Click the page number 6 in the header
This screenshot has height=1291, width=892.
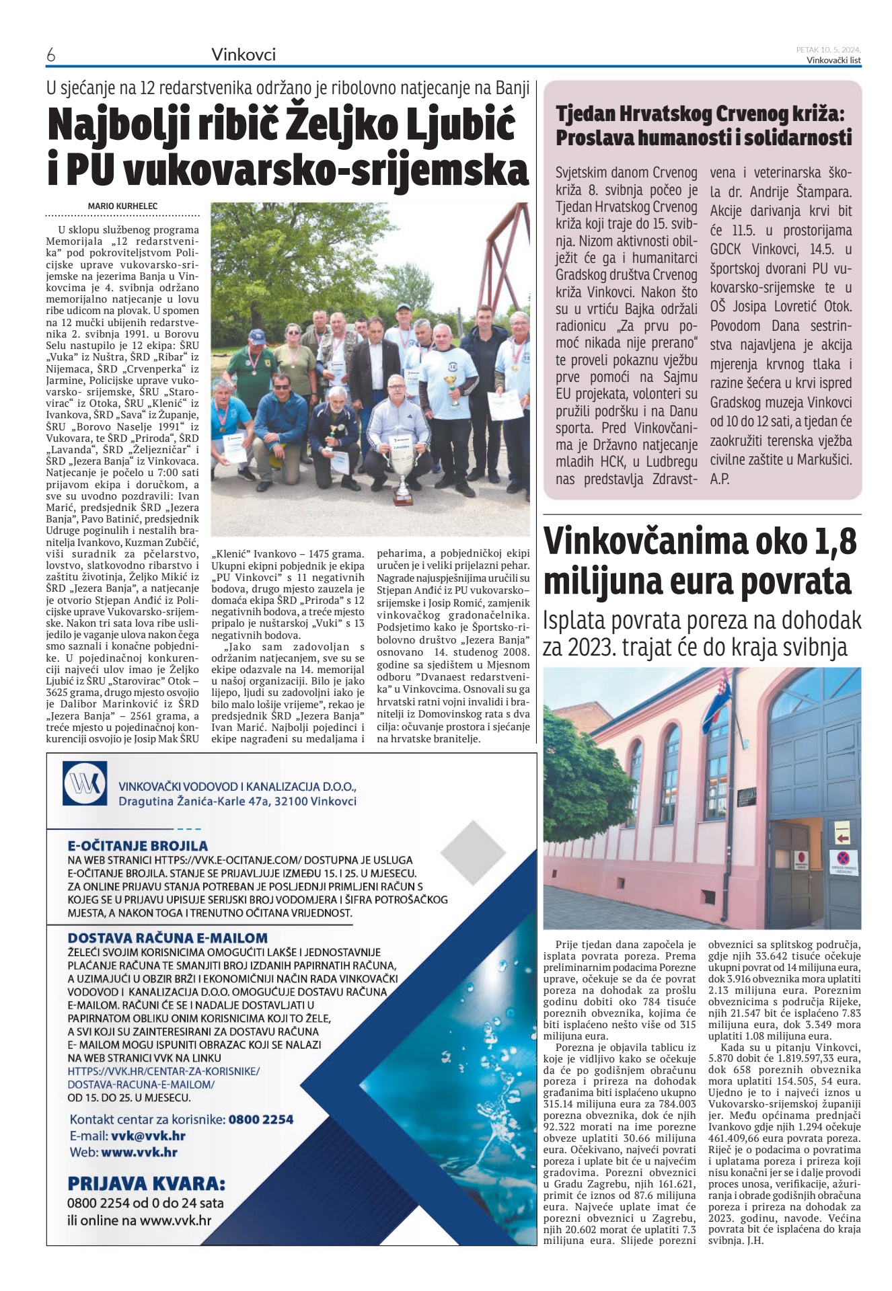[51, 56]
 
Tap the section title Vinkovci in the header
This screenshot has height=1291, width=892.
[244, 54]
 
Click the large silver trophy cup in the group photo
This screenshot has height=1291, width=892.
[402, 470]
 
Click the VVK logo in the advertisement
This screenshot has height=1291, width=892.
[84, 784]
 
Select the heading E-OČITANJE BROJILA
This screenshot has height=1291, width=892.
[138, 846]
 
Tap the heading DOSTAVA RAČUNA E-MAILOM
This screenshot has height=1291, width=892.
[168, 938]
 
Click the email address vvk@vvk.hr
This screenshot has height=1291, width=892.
[148, 1136]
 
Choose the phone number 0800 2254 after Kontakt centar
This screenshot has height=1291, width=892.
[261, 1120]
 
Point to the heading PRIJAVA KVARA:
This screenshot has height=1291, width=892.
[146, 1183]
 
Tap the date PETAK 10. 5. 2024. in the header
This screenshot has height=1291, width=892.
[828, 49]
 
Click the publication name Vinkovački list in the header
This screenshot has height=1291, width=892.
[833, 60]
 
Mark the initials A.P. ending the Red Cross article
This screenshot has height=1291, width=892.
[720, 479]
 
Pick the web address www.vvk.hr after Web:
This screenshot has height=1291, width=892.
[139, 1152]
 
